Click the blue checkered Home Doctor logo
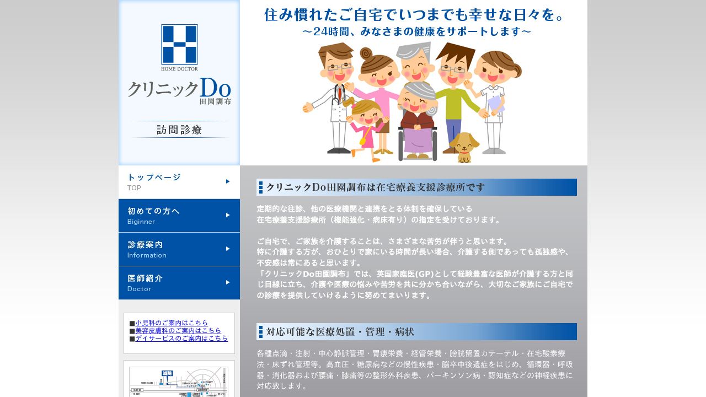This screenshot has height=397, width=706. [179, 44]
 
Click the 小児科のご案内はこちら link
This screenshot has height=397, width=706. [172, 323]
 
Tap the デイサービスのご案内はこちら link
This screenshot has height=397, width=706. [181, 339]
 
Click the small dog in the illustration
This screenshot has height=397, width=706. [464, 147]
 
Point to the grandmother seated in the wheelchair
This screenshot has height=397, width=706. [417, 119]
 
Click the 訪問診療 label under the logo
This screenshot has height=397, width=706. [179, 130]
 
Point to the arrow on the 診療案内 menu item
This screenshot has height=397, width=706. [228, 249]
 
